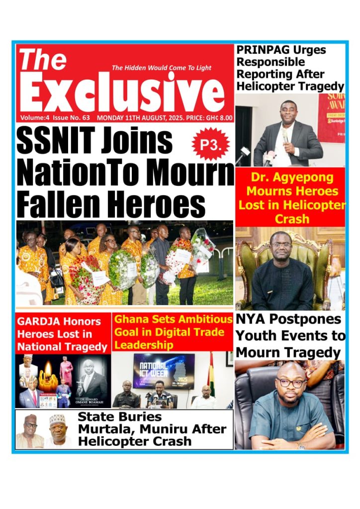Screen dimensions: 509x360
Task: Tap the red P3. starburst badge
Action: click(x=210, y=144)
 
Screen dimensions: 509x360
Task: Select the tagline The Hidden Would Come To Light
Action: click(x=161, y=68)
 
